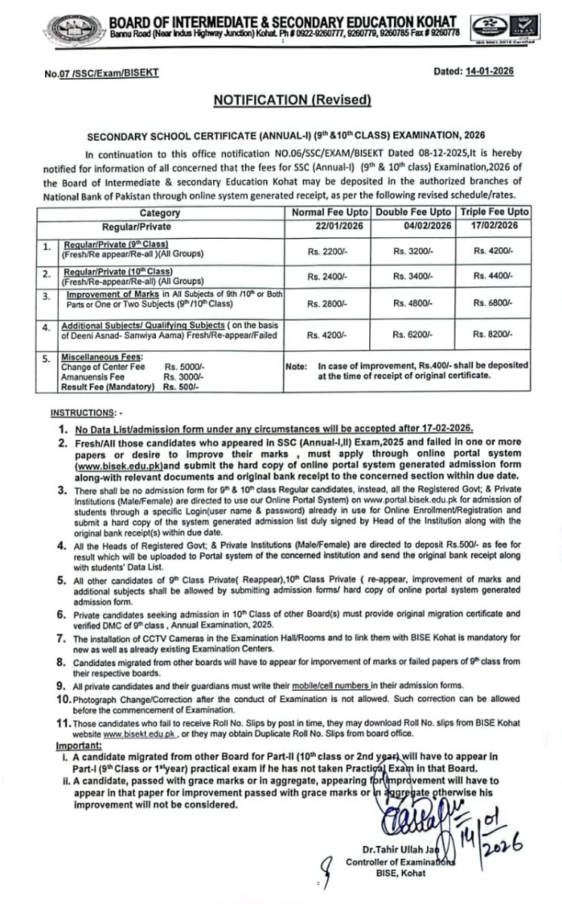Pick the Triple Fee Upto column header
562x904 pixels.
[x=495, y=212]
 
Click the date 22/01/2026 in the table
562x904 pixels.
[x=328, y=225]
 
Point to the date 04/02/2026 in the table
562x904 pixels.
[x=413, y=225]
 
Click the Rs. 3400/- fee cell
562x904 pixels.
[x=413, y=276]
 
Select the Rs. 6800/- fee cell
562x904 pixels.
[x=495, y=303]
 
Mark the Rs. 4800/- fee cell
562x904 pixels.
[x=413, y=303]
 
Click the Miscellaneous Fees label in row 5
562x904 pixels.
[x=97, y=357]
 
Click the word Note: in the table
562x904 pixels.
[x=296, y=365]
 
